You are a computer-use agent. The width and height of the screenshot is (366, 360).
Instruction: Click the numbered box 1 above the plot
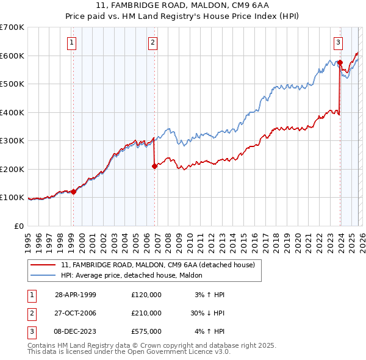tap(72, 42)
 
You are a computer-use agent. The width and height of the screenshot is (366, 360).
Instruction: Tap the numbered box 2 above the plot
tap(152, 42)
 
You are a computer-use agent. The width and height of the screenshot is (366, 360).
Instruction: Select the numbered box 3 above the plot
tap(337, 42)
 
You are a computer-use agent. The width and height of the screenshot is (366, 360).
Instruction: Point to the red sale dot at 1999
tap(74, 192)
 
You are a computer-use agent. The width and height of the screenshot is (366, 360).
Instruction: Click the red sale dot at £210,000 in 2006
tap(154, 166)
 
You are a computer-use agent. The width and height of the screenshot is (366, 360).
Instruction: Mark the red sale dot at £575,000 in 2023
tap(340, 63)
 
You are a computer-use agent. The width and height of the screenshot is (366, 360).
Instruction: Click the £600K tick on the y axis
tap(13, 56)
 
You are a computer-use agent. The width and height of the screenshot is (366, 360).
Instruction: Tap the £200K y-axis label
tap(13, 169)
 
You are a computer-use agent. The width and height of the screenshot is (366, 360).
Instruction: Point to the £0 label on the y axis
tap(18, 226)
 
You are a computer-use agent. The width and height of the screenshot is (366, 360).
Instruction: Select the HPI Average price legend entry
tap(135, 276)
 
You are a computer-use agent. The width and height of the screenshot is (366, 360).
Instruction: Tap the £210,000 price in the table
tap(146, 313)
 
